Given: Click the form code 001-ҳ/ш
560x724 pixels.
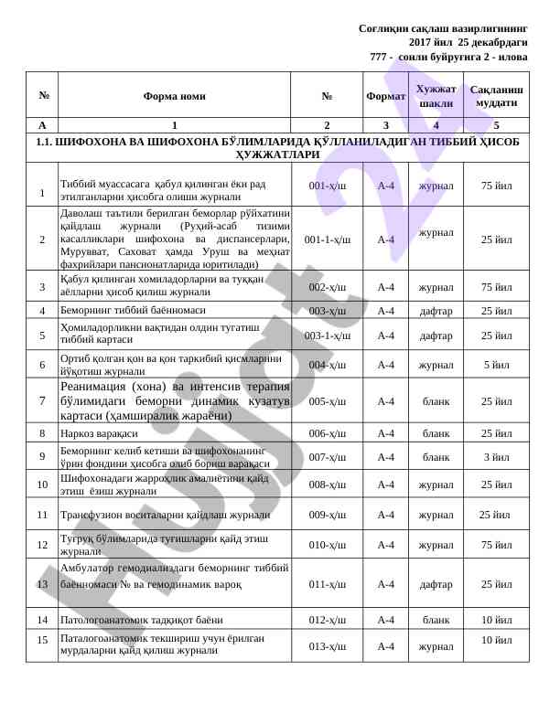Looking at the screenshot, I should click(x=327, y=186).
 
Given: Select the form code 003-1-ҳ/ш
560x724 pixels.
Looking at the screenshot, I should click(x=327, y=335).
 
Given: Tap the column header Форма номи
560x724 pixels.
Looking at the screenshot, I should click(x=174, y=96).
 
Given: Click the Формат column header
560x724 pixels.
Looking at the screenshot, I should click(x=385, y=96).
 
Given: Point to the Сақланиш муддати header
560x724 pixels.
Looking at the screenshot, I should click(x=496, y=96).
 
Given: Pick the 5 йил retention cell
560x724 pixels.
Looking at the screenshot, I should click(x=496, y=366).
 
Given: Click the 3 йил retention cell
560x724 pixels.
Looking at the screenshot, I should click(x=496, y=457).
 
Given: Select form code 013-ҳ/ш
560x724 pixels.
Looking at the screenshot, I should click(x=327, y=646).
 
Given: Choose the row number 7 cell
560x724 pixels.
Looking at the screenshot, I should click(x=42, y=400).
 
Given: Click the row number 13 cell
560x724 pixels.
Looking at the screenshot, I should click(x=42, y=583).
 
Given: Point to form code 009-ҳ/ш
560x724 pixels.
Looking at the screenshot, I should click(x=327, y=515).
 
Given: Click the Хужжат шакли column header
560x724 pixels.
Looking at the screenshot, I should click(x=436, y=95).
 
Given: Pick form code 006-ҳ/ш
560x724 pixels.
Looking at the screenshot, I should click(x=327, y=433).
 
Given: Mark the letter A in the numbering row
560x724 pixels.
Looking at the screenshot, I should click(x=42, y=125).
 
